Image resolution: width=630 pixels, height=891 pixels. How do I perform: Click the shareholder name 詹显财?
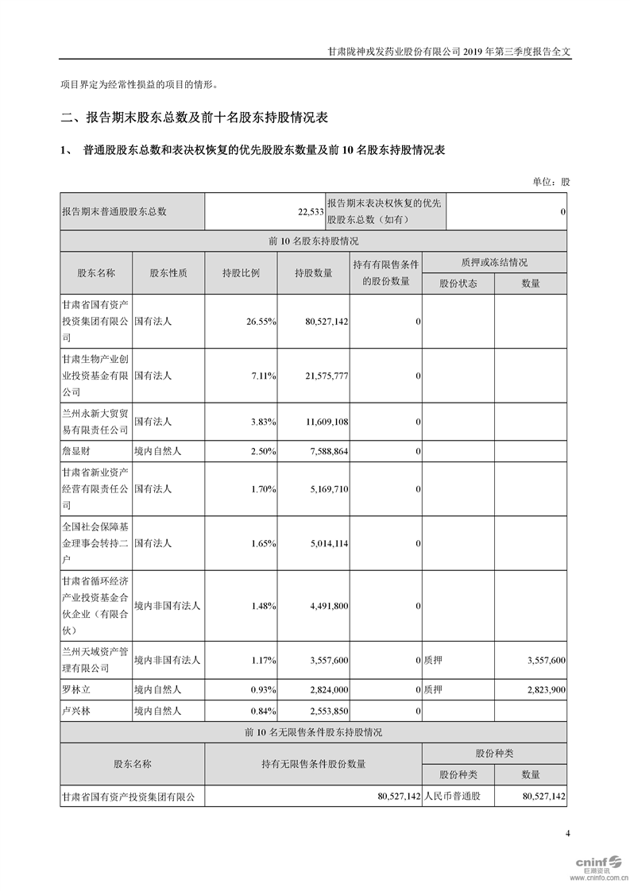[x=77, y=451]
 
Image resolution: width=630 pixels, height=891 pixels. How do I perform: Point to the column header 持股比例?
[x=241, y=272]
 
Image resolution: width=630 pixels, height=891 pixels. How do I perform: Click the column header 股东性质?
[x=168, y=272]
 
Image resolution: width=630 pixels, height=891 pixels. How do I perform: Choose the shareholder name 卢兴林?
[x=77, y=711]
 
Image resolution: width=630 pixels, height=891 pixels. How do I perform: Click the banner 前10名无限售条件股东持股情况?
[x=314, y=732]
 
